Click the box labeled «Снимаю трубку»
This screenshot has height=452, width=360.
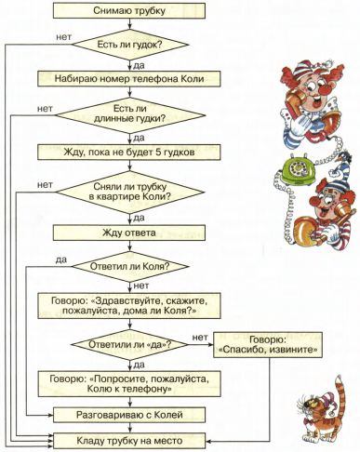(x=129, y=10)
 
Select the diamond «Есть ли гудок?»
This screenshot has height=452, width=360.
(x=130, y=45)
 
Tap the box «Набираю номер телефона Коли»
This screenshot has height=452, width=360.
(x=129, y=79)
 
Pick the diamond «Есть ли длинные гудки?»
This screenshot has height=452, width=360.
(x=130, y=115)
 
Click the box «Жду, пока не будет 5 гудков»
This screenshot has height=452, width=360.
(x=129, y=153)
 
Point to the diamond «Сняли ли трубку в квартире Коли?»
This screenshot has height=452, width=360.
(x=130, y=192)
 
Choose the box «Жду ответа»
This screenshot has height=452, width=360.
(x=129, y=233)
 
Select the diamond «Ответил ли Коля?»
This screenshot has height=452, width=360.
(x=130, y=267)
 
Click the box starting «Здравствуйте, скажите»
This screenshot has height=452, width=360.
(x=129, y=306)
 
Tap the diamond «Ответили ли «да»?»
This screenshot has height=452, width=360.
(x=130, y=345)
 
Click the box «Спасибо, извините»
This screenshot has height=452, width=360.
(x=268, y=345)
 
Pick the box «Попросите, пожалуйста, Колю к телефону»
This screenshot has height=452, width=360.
(x=129, y=384)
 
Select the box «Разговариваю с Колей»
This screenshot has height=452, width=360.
(x=129, y=415)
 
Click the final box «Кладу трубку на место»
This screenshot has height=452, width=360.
(x=129, y=441)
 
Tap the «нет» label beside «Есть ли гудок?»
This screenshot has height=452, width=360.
(x=64, y=37)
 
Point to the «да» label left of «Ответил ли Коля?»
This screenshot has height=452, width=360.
(x=61, y=259)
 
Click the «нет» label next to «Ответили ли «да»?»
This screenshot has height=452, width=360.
(x=200, y=337)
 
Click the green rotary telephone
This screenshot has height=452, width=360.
(x=298, y=171)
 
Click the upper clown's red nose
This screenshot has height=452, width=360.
(x=326, y=89)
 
